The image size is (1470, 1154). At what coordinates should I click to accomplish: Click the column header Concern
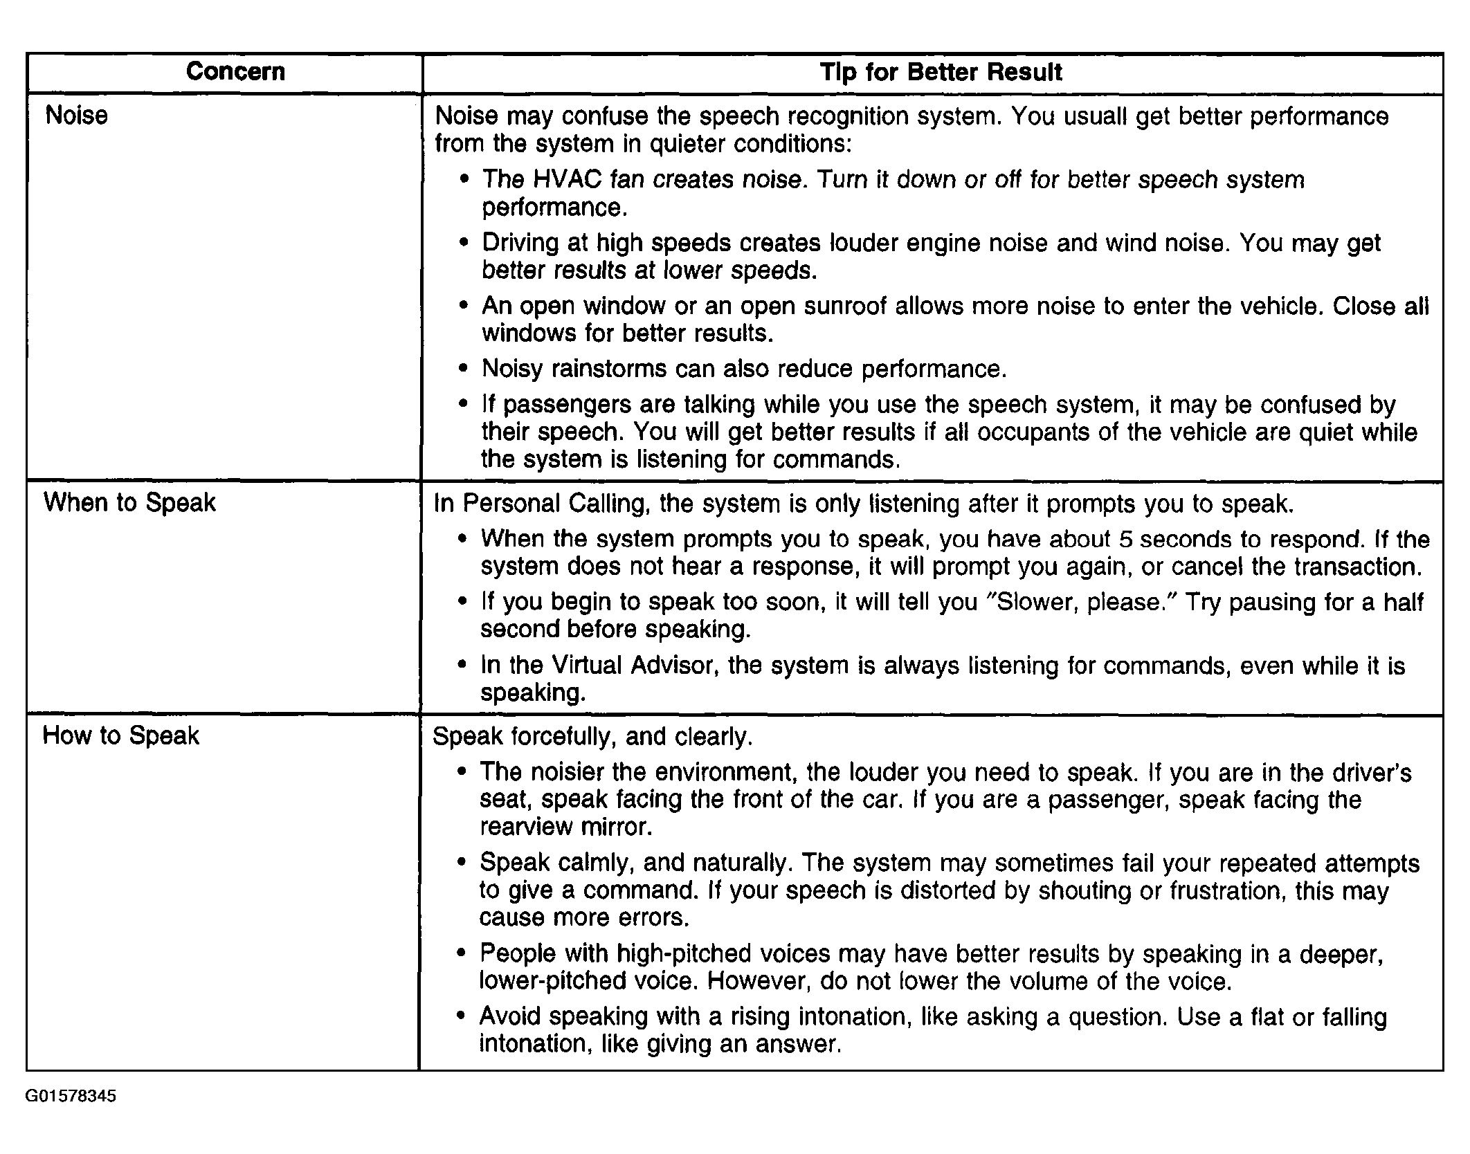click(235, 72)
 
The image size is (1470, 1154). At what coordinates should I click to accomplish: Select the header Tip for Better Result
click(941, 73)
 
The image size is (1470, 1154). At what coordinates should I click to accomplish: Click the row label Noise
click(77, 116)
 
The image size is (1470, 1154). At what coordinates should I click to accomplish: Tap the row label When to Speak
click(129, 503)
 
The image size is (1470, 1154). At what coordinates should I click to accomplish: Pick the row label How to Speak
click(121, 735)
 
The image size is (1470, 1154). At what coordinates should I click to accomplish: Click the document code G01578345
click(71, 1097)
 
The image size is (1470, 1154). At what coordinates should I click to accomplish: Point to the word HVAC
click(567, 180)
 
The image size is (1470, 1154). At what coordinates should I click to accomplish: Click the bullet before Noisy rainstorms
click(464, 369)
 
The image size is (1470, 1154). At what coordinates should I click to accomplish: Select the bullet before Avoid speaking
click(462, 1017)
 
